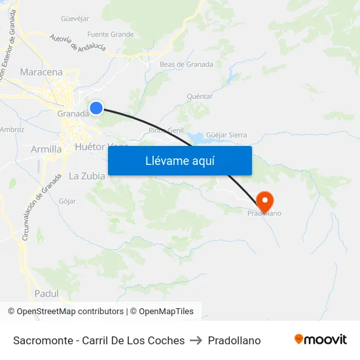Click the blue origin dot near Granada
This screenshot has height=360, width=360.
pyautogui.click(x=96, y=107)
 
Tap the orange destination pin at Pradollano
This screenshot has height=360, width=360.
pyautogui.click(x=264, y=200)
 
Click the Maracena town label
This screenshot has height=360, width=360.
pyautogui.click(x=41, y=72)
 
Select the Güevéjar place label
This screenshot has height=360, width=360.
pyautogui.click(x=75, y=18)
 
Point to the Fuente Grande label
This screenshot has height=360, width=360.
pyautogui.click(x=110, y=34)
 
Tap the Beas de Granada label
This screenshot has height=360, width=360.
pyautogui.click(x=187, y=64)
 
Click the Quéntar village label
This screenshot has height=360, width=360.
pyautogui.click(x=200, y=96)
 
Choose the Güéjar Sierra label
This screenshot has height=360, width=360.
pyautogui.click(x=226, y=135)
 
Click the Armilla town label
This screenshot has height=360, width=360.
pyautogui.click(x=46, y=149)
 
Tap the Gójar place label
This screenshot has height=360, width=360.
pyautogui.click(x=67, y=201)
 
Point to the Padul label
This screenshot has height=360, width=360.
pyautogui.click(x=46, y=293)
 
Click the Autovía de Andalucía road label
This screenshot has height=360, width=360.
pyautogui.click(x=77, y=43)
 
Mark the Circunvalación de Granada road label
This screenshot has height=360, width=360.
pyautogui.click(x=33, y=211)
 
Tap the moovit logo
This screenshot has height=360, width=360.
pyautogui.click(x=320, y=340)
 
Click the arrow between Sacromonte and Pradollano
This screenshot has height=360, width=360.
pyautogui.click(x=196, y=340)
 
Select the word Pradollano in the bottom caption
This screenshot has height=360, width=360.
pyautogui.click(x=234, y=340)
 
